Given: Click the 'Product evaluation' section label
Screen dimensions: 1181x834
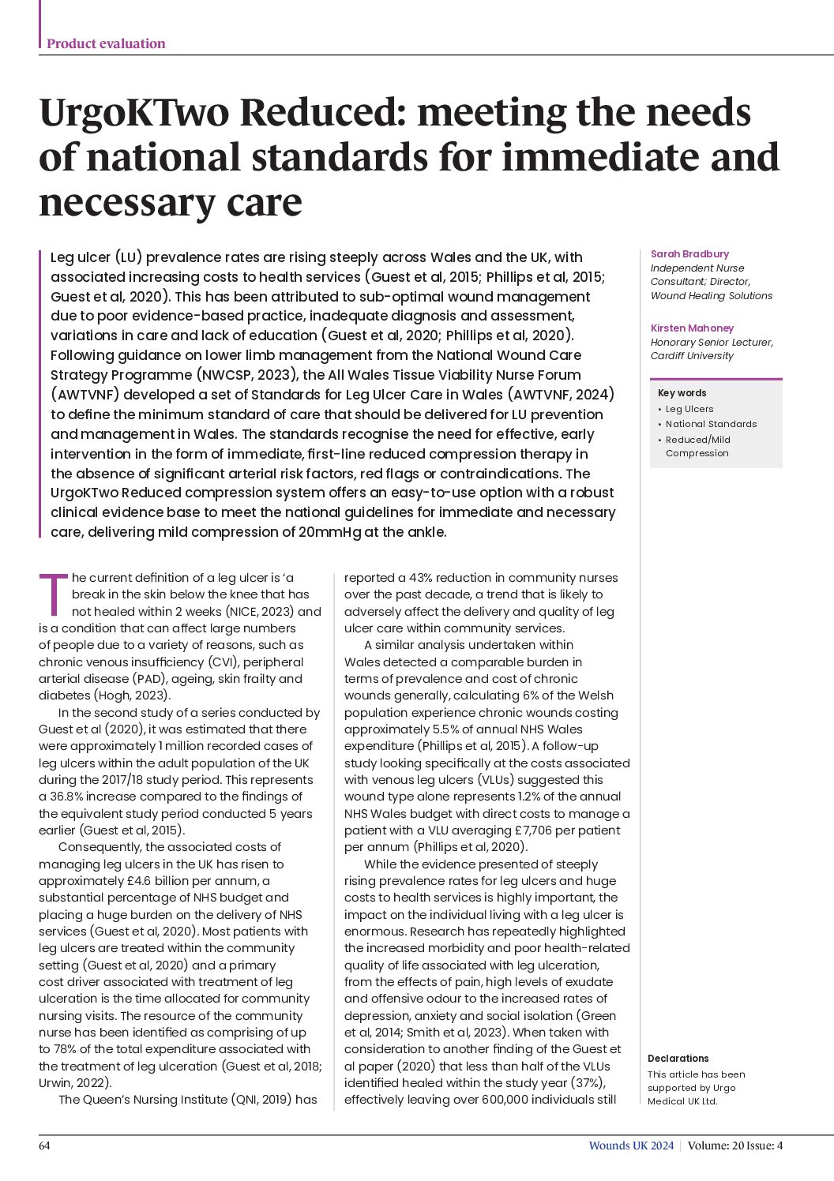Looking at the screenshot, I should [106, 43].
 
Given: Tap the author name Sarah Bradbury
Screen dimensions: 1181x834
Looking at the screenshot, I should [689, 253].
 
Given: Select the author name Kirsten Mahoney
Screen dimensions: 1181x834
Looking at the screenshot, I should [692, 328].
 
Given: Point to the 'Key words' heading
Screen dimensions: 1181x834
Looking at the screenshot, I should [682, 392].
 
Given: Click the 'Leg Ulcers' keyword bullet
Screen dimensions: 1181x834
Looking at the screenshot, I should [689, 409].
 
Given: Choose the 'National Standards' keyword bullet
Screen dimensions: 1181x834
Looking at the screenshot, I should [710, 424].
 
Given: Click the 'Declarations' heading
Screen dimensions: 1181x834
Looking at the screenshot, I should [678, 1059].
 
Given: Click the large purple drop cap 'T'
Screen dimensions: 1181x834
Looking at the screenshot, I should [53, 594].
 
